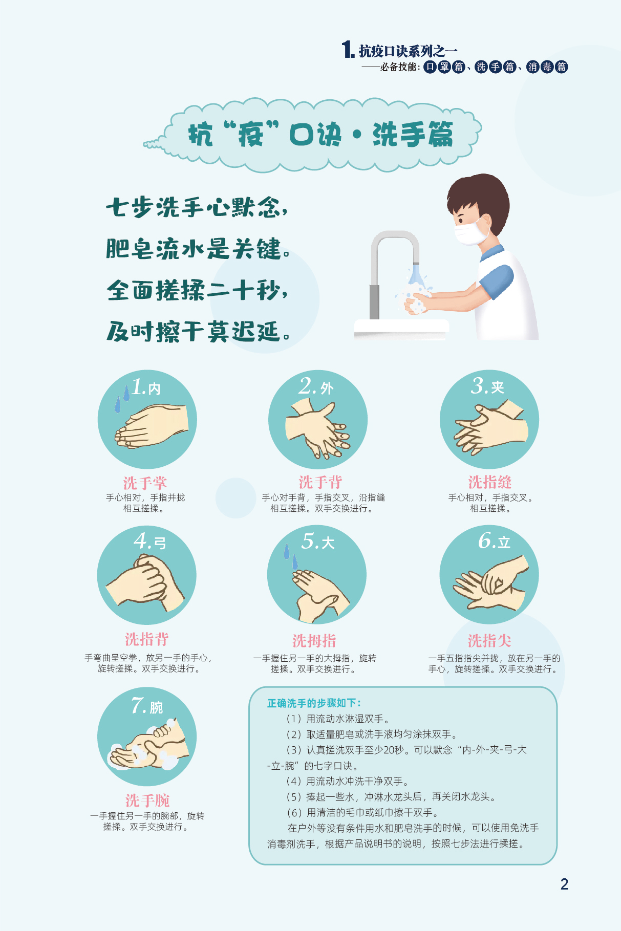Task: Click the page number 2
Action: pyautogui.click(x=564, y=884)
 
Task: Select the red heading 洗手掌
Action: pyautogui.click(x=145, y=483)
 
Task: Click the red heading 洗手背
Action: pyautogui.click(x=320, y=482)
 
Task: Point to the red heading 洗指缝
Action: pyautogui.click(x=490, y=482)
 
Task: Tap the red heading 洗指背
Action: pyautogui.click(x=147, y=639)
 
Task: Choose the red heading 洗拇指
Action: pyautogui.click(x=314, y=640)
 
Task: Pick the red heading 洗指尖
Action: pyautogui.click(x=489, y=640)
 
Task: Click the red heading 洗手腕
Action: pyautogui.click(x=147, y=800)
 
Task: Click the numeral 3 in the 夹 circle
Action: pyautogui.click(x=479, y=385)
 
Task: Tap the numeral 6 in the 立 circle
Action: pyautogui.click(x=485, y=540)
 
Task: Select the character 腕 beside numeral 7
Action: pyautogui.click(x=156, y=707)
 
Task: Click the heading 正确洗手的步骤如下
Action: pyautogui.click(x=314, y=703)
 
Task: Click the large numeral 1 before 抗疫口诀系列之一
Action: pyautogui.click(x=348, y=50)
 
